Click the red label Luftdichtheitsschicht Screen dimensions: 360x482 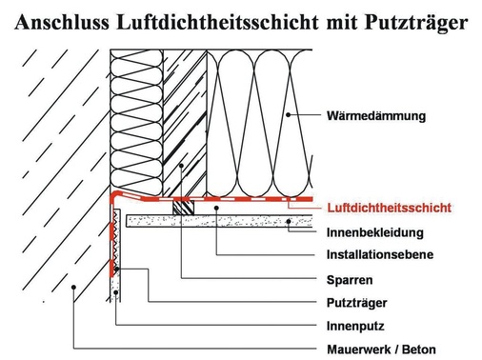pyautogui.click(x=387, y=207)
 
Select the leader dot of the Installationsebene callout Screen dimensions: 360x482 pyautogui.click(x=217, y=207)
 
